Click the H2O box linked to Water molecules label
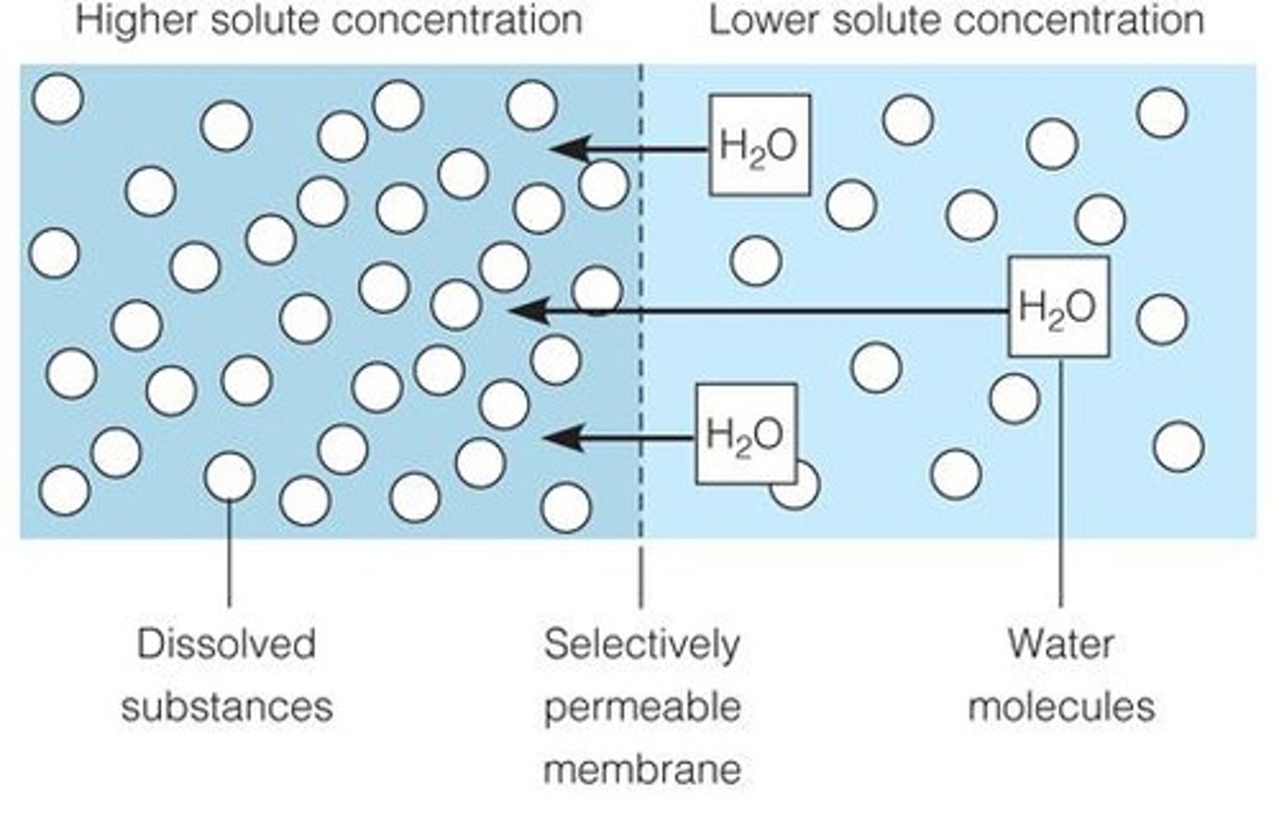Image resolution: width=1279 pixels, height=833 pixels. point(1058,307)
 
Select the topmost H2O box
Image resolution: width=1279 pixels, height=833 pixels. point(759,146)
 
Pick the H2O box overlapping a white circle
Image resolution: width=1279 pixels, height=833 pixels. point(745,434)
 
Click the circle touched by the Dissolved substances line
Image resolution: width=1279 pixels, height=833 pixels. point(229,477)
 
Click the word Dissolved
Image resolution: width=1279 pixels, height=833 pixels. point(226,644)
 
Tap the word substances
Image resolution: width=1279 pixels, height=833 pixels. point(226,707)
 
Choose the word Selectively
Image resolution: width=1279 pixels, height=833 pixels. point(641,644)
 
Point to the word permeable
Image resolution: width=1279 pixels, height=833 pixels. point(641,707)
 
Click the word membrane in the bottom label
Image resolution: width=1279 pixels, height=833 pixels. point(641,769)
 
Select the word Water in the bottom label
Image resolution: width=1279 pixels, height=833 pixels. point(1061,644)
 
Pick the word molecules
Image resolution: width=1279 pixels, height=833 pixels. point(1061,707)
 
